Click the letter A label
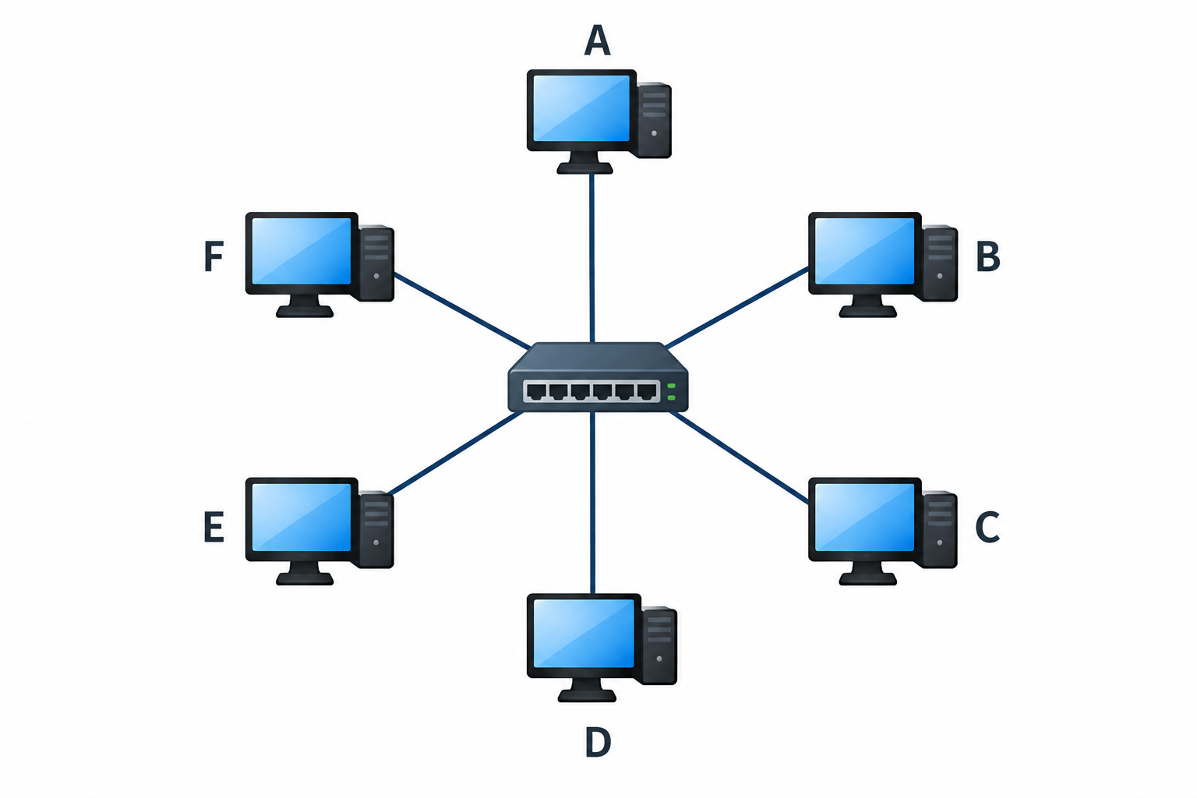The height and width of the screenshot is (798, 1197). [x=597, y=40]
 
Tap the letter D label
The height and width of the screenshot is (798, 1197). [x=598, y=742]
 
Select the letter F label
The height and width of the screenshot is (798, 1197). [x=214, y=256]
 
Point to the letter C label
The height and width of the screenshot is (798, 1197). [x=987, y=528]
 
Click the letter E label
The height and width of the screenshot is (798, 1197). [x=214, y=527]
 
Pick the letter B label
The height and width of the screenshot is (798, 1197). [x=988, y=256]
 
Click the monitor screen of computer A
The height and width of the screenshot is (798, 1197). [x=581, y=108]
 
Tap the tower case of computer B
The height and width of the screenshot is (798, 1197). [x=939, y=263]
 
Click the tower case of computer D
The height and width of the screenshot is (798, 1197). [x=659, y=646]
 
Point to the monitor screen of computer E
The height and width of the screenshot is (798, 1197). [x=301, y=517]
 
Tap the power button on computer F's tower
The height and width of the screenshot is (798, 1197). [x=376, y=277]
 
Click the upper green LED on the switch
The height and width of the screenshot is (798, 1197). [x=671, y=386]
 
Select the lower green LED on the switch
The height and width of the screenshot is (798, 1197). [x=671, y=397]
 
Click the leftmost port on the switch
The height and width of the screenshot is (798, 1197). [x=536, y=392]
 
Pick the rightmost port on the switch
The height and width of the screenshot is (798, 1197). [x=647, y=392]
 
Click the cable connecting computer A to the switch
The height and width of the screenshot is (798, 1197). [x=591, y=258]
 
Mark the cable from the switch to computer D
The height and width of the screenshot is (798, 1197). [x=592, y=503]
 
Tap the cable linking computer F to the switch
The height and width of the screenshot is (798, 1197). [x=462, y=310]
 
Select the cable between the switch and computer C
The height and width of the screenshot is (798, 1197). [x=739, y=457]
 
